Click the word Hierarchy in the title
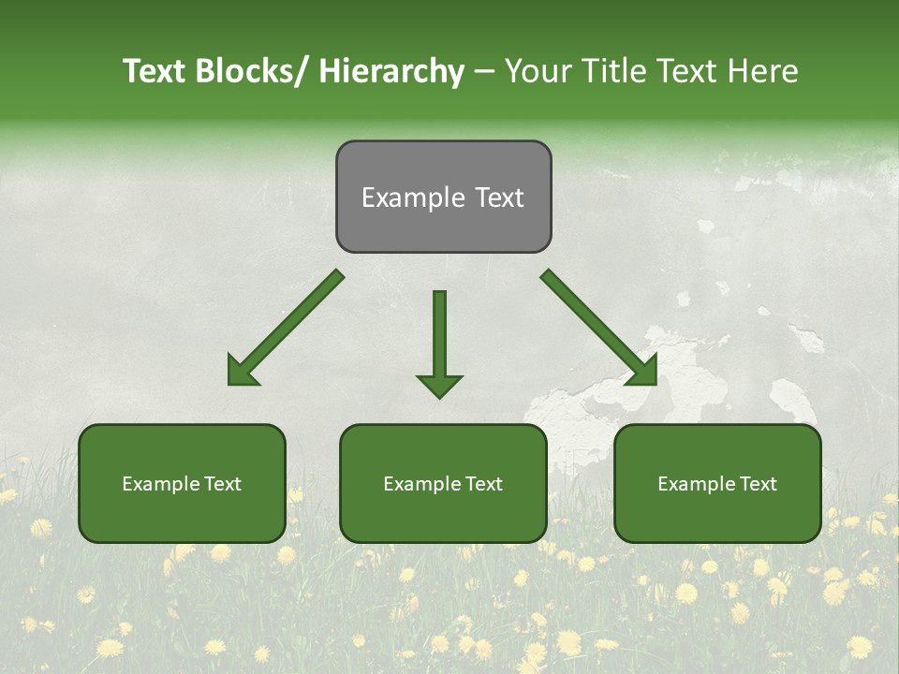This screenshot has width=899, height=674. pyautogui.click(x=391, y=71)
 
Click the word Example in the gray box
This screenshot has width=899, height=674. pyautogui.click(x=413, y=198)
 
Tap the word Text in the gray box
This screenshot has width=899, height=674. pyautogui.click(x=498, y=198)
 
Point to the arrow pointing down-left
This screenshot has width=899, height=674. pyautogui.click(x=285, y=329)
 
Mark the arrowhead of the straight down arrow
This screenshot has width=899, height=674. pyautogui.click(x=439, y=385)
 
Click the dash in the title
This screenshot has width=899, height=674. pyautogui.click(x=483, y=72)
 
